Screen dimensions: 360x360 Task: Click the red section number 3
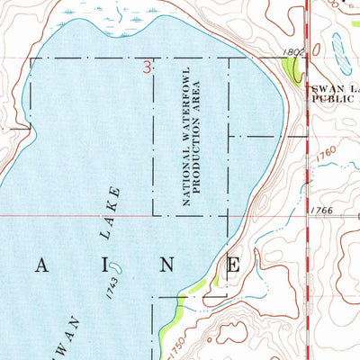(147, 67)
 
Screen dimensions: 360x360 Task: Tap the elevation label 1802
(274, 53)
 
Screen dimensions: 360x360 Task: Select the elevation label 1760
(327, 158)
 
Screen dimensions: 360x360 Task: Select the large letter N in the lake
(167, 265)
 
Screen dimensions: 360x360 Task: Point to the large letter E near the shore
(233, 265)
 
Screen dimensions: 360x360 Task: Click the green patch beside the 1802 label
(292, 65)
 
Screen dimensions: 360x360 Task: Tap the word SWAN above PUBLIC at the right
(325, 89)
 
